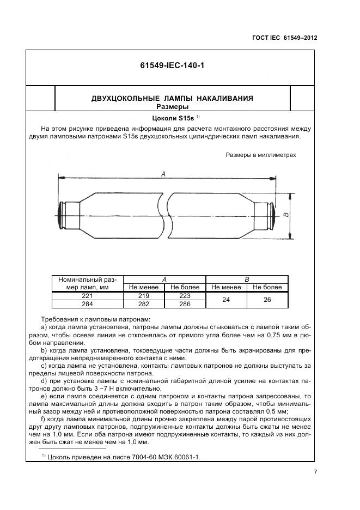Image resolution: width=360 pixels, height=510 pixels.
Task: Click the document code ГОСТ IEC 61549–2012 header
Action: pyautogui.click(x=285, y=38)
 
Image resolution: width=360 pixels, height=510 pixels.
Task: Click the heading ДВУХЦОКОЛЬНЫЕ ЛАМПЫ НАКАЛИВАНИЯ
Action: pyautogui.click(x=172, y=98)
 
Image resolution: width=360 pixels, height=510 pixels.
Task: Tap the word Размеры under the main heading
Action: pyautogui.click(x=172, y=106)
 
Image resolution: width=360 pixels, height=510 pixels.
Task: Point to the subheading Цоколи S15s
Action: pyautogui.click(x=172, y=118)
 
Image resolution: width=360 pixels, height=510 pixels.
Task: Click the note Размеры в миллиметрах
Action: pyautogui.click(x=260, y=155)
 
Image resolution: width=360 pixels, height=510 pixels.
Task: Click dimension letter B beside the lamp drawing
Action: pyautogui.click(x=286, y=216)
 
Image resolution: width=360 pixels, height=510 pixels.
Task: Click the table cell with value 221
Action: pyautogui.click(x=88, y=296)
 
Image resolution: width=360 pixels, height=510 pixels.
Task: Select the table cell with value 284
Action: pyautogui.click(x=88, y=304)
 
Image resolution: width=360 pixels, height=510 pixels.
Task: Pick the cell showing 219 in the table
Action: pyautogui.click(x=144, y=296)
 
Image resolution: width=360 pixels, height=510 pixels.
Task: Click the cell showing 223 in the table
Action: pyautogui.click(x=185, y=296)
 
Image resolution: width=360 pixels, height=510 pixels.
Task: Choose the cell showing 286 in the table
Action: pyautogui.click(x=185, y=304)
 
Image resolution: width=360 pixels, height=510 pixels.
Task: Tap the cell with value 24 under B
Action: pyautogui.click(x=227, y=300)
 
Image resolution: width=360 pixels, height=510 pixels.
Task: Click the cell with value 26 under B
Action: pyautogui.click(x=267, y=300)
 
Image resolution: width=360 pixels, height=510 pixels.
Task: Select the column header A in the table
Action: pyautogui.click(x=164, y=279)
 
